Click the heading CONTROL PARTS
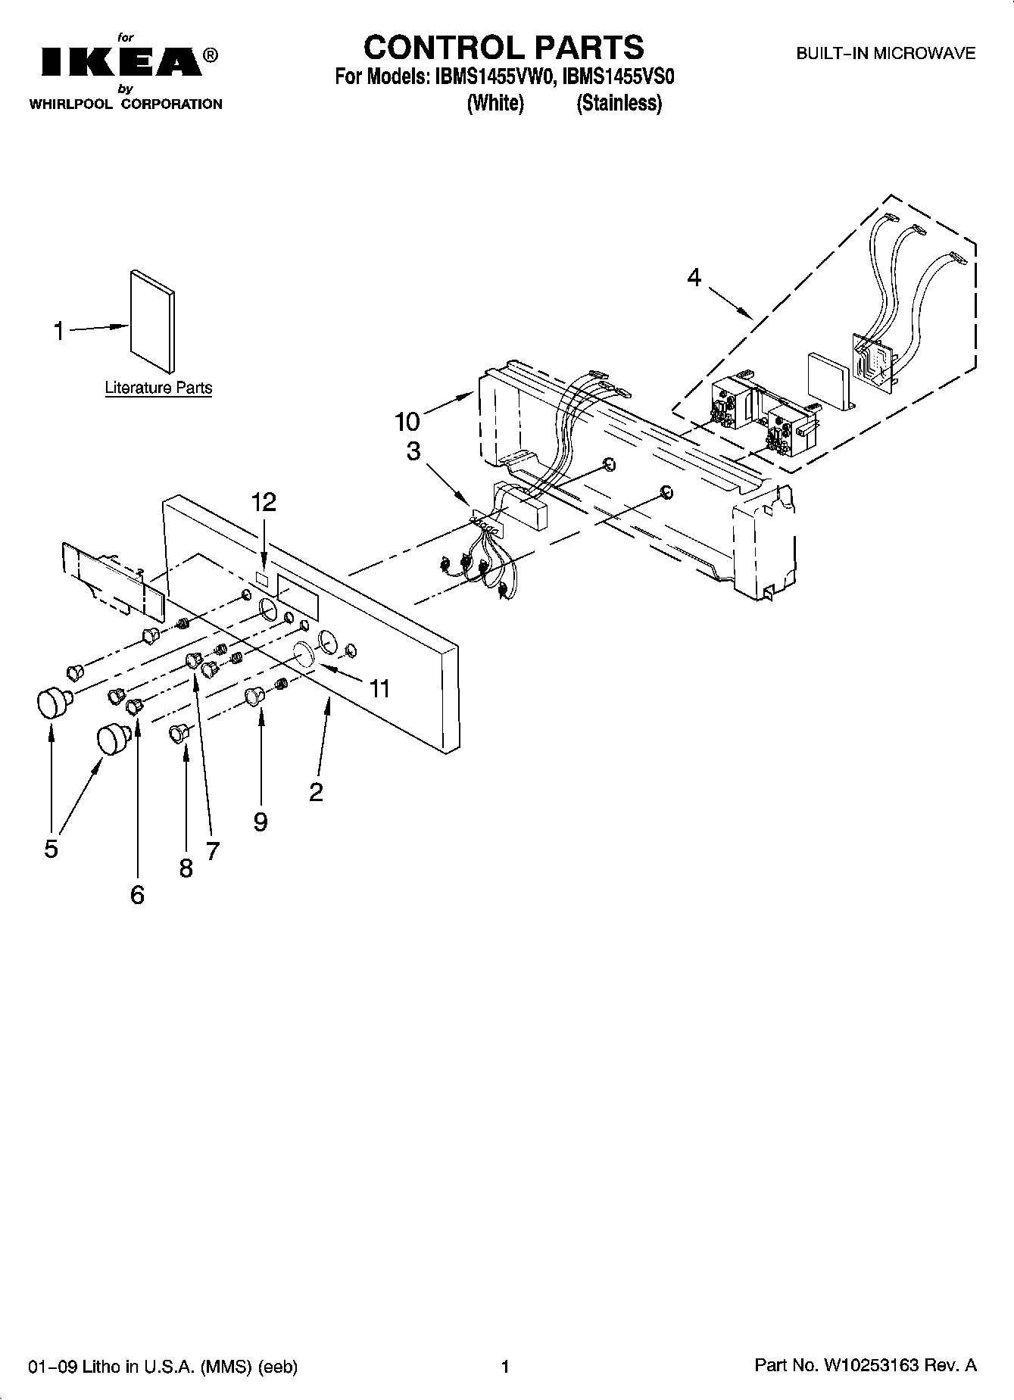click(x=504, y=47)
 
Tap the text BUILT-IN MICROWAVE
click(x=885, y=54)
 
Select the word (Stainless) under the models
click(x=619, y=103)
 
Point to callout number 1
click(x=58, y=331)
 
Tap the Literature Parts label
click(x=158, y=388)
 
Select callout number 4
click(x=694, y=278)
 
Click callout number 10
click(x=407, y=421)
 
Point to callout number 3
click(x=413, y=451)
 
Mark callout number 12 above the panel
click(x=264, y=501)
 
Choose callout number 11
click(x=379, y=688)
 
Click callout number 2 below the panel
click(x=316, y=792)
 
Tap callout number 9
click(x=261, y=821)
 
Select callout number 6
click(x=137, y=895)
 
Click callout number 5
click(x=51, y=849)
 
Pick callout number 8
click(x=186, y=868)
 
